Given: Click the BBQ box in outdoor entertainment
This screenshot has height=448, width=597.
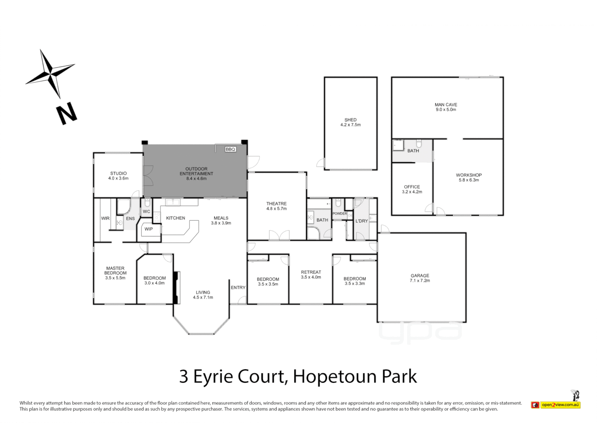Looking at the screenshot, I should [230, 149].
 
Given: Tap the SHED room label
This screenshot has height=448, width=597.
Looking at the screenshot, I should [350, 120].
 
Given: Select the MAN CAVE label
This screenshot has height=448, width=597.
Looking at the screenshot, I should [446, 105].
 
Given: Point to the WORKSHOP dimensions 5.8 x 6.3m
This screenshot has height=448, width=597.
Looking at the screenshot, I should [468, 180].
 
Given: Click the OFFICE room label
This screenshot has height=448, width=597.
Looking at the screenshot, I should [412, 187].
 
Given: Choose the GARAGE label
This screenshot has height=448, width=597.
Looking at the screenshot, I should [420, 275].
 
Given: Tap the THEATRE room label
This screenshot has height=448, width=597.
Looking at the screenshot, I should [276, 204].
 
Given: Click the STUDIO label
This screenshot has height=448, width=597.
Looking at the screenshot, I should [118, 173].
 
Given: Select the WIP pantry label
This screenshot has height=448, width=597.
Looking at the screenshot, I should [148, 229].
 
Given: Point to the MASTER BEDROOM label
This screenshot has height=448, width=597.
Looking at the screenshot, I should [115, 270].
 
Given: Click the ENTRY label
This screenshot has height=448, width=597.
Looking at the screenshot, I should [238, 287].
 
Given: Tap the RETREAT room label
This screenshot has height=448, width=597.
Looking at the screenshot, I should [311, 272].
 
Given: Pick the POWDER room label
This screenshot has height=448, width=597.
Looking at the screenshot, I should [340, 214].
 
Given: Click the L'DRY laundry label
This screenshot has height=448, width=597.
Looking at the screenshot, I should [362, 221].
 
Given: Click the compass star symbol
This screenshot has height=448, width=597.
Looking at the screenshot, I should [51, 74].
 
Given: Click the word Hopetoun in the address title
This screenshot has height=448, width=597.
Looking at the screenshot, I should [335, 377].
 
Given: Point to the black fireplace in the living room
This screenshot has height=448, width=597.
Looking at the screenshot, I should [176, 288].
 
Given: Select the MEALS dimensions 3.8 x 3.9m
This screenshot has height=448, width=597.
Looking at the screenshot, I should [221, 223].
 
